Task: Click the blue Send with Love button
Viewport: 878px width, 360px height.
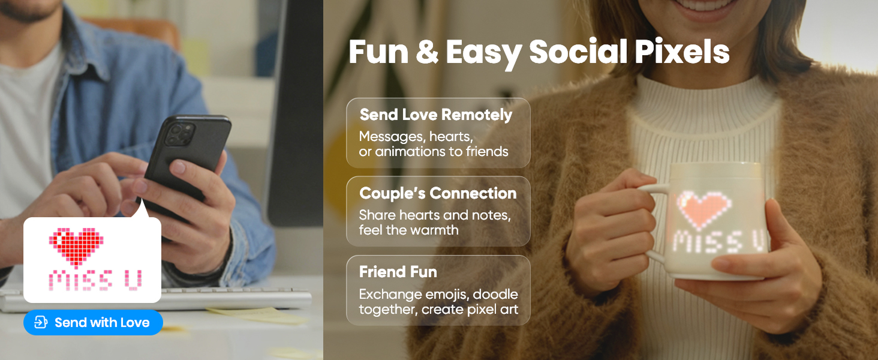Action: tap(93, 323)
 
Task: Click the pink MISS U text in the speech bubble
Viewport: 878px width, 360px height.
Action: tap(95, 280)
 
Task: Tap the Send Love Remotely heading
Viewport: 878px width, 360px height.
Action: tap(435, 115)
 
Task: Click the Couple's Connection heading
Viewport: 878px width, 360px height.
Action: tap(437, 193)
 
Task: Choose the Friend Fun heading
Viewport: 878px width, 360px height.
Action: tap(398, 272)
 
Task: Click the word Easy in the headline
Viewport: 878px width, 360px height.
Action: tap(484, 53)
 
